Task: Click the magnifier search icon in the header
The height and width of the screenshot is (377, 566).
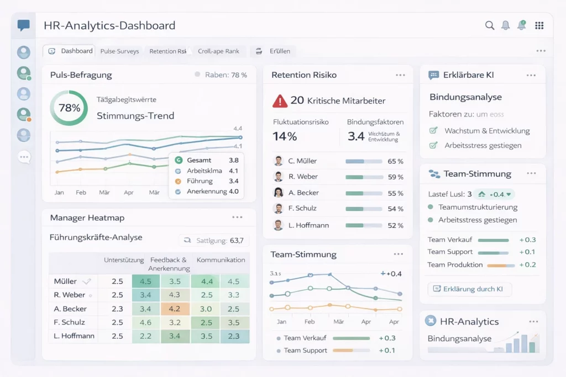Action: [x=489, y=25]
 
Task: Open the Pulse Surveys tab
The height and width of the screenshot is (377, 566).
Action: [x=119, y=51]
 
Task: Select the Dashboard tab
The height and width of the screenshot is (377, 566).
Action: [x=70, y=51]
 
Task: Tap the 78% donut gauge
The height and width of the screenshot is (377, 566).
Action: [x=69, y=108]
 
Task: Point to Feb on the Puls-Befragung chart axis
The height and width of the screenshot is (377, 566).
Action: [x=81, y=193]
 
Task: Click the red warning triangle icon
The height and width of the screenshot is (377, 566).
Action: [x=280, y=100]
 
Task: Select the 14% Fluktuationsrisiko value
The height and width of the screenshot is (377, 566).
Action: [x=285, y=136]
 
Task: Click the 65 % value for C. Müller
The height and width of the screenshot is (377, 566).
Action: [x=395, y=161]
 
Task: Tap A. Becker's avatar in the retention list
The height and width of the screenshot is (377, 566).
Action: [x=279, y=193]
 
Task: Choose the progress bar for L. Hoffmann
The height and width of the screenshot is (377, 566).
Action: [x=363, y=225]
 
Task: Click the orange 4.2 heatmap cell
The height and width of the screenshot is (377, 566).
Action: [x=175, y=309]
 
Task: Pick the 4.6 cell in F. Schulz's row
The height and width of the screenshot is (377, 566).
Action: [x=146, y=322]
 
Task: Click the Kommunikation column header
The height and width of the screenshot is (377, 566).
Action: [x=221, y=260]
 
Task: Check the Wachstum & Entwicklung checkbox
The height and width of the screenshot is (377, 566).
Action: [x=434, y=131]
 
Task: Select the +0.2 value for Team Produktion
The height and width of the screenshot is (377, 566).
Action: [x=527, y=265]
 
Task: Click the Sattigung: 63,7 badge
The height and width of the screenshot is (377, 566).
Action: [x=214, y=241]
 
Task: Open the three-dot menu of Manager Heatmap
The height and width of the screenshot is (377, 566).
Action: [x=237, y=217]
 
